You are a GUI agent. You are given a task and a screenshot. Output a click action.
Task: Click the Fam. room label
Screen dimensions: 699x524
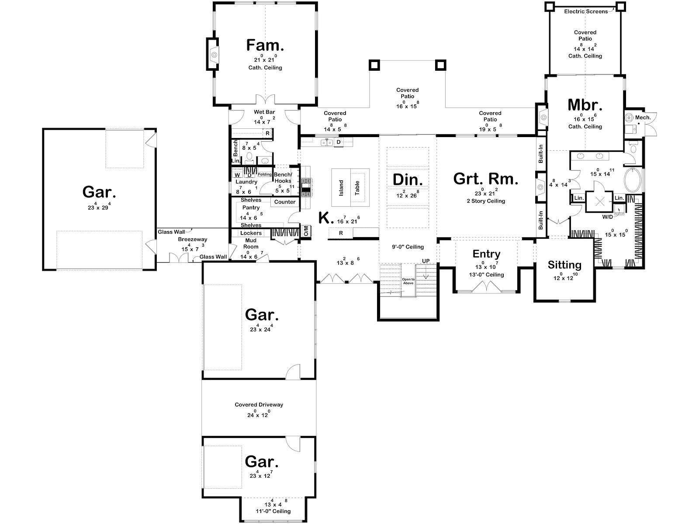[265, 45]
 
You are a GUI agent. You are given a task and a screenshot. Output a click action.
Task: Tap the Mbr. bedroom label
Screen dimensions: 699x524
[585, 105]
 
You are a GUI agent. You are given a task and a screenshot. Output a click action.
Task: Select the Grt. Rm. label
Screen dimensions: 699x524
[486, 179]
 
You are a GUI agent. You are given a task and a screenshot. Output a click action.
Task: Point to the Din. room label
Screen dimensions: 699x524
[408, 180]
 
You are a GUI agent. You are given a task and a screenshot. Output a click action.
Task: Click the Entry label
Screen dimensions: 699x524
[486, 254]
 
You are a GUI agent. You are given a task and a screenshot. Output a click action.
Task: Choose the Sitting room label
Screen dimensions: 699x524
[564, 265]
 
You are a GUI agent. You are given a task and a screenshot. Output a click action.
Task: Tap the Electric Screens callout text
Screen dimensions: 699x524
[586, 11]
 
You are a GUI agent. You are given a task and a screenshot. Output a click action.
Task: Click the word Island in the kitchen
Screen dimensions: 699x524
[341, 188]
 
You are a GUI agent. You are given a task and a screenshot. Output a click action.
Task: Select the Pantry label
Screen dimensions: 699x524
[251, 207]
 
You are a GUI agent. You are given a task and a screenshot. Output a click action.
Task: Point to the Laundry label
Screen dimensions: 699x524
[246, 182]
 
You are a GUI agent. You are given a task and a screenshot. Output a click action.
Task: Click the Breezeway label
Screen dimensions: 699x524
[192, 239]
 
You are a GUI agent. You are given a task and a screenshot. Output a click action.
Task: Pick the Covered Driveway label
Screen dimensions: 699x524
[259, 405]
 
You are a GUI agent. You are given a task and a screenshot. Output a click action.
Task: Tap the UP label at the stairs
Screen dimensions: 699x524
[426, 261]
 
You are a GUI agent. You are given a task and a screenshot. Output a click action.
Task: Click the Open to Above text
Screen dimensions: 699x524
[408, 281]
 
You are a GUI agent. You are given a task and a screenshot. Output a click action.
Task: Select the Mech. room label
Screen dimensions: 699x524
[643, 118]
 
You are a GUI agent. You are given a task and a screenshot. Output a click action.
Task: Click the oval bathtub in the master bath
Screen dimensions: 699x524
[632, 180]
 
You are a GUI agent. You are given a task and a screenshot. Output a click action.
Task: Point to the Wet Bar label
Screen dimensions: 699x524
[264, 112]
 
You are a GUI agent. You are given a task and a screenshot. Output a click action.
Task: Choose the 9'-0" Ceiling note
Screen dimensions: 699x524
[408, 247]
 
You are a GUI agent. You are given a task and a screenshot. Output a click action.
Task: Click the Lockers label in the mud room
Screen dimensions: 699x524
[251, 233]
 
